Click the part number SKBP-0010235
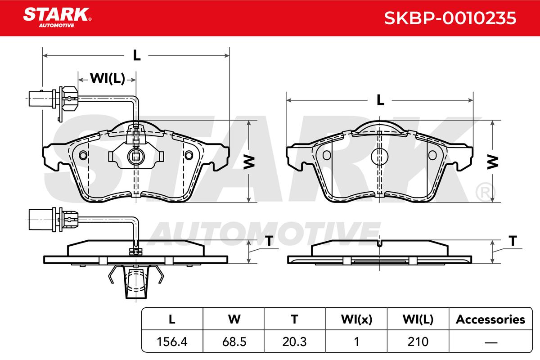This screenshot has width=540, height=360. (x=450, y=18)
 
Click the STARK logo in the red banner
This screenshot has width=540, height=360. (x=57, y=18)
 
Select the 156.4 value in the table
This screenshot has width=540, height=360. (x=172, y=342)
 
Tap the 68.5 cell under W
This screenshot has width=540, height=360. (x=234, y=342)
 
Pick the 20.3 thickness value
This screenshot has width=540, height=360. (x=294, y=342)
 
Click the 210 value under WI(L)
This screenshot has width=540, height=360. (x=418, y=342)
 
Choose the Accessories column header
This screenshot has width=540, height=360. (x=490, y=319)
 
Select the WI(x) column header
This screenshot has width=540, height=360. (x=356, y=319)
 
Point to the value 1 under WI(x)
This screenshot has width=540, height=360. (x=356, y=342)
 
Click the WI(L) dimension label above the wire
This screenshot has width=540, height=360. (x=108, y=78)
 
